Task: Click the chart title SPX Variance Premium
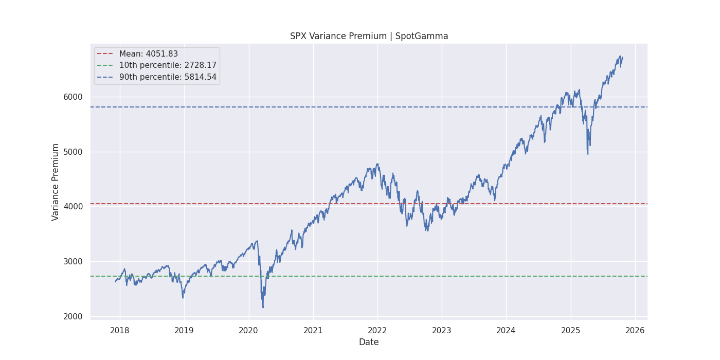(x=369, y=36)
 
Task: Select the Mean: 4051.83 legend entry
(x=148, y=54)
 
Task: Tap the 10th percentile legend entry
(x=168, y=65)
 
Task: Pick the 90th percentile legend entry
(x=168, y=77)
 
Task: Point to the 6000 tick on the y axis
(x=73, y=97)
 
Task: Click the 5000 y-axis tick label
(x=73, y=152)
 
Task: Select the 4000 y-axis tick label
(x=73, y=207)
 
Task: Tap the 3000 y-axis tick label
(x=73, y=261)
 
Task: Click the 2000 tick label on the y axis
(x=73, y=316)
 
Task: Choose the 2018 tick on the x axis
(x=120, y=329)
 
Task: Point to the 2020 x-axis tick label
(x=248, y=329)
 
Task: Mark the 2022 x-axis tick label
(x=377, y=329)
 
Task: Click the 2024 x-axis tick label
(x=506, y=329)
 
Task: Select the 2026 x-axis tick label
(x=635, y=329)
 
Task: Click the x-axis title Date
(x=369, y=342)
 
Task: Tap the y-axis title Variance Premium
(x=56, y=182)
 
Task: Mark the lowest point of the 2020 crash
(x=263, y=308)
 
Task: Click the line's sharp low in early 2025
(x=588, y=154)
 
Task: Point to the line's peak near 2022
(x=378, y=164)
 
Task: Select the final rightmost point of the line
(x=622, y=58)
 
